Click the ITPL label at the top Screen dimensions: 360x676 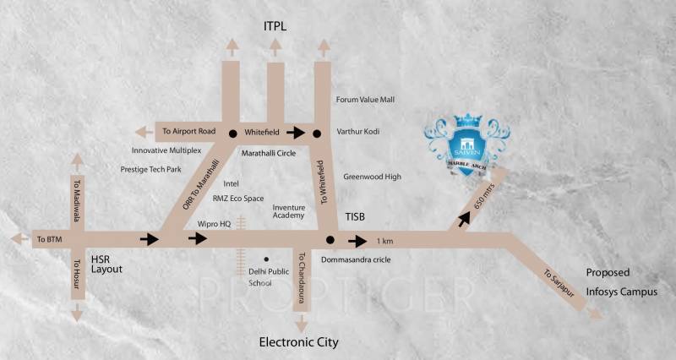tap(275, 28)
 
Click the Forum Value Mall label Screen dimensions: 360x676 tap(365, 100)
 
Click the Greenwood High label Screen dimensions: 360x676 tap(372, 177)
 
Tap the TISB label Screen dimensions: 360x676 tap(357, 217)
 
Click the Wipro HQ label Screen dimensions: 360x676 tap(215, 224)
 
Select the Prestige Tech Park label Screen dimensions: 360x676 tap(150, 169)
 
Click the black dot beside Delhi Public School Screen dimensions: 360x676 tap(265, 259)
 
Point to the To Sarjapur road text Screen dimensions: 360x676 tap(557, 281)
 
